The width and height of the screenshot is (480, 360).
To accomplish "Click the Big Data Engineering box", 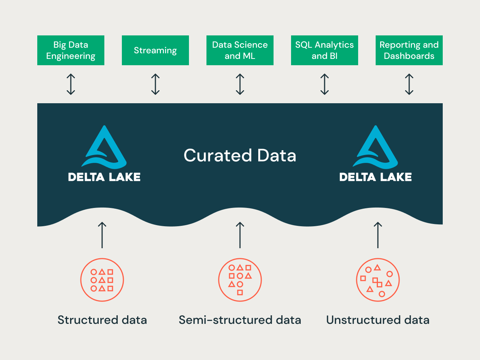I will point(71,50).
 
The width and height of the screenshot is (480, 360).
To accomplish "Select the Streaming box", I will point(155,50).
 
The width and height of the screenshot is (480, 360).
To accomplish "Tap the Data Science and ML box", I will point(240,50).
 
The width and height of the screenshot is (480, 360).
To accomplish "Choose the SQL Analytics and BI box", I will point(325,50).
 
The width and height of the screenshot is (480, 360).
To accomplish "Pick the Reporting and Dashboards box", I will point(409,50).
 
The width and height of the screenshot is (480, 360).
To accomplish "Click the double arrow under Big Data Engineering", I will point(71,84).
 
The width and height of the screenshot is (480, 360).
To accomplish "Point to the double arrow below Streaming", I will point(155,84).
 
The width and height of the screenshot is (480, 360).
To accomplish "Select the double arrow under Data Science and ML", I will point(240,84).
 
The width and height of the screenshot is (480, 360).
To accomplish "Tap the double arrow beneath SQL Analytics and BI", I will point(325,84).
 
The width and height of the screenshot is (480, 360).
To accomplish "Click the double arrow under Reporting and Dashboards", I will point(409,84).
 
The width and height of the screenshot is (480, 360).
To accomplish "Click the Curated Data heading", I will point(240,155).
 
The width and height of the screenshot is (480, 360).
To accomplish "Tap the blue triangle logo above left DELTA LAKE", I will point(104,147).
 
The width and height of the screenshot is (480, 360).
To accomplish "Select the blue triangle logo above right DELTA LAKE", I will point(376,147).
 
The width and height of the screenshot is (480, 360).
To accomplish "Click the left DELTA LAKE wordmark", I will point(104,177).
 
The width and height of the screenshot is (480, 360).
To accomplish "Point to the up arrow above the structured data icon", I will point(102,235).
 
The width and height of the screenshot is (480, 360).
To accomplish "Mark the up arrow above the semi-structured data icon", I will point(240,235).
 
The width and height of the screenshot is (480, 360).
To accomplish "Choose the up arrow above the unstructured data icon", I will point(378,235).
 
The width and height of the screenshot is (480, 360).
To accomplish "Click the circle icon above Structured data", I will point(102,280).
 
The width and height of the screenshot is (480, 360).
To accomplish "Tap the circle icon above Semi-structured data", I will point(240,280).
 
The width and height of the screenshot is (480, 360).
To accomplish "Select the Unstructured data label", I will point(378,320).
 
